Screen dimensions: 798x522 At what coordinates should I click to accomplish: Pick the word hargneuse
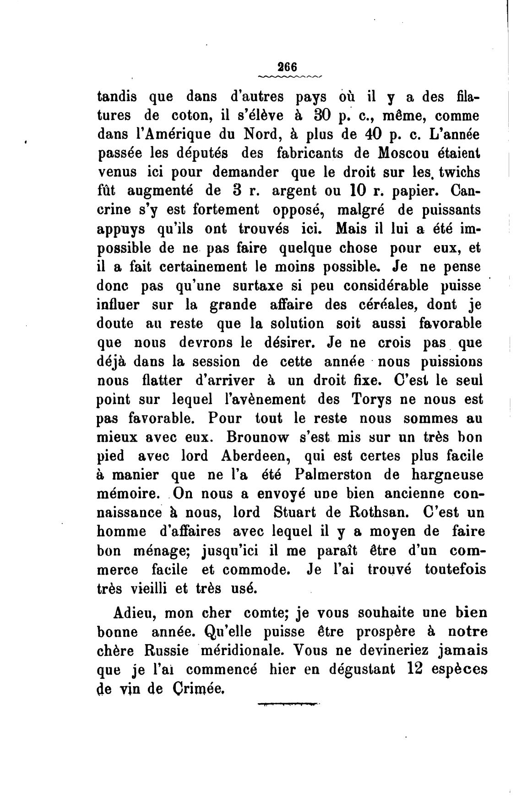440,475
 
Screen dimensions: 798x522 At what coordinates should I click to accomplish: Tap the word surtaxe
262,286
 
